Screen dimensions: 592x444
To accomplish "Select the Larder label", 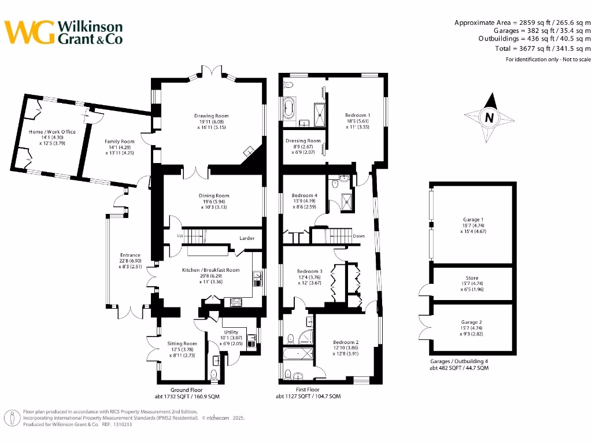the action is pos(247,238).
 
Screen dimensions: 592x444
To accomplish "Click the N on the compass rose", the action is pos(489,118).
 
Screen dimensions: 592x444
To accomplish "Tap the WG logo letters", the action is pos(29,32).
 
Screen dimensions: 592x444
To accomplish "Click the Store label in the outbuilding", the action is pos(472,278).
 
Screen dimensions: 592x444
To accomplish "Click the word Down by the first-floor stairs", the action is pos(359,236).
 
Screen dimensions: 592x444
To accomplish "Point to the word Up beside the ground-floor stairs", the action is pos(180,236).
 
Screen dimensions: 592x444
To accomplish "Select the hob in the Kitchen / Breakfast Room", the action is pos(236,302).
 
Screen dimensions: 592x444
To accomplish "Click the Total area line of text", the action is pos(543,49).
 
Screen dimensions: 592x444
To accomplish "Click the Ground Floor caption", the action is pos(187,390).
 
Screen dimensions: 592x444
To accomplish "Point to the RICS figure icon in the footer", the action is pos(12,419).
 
